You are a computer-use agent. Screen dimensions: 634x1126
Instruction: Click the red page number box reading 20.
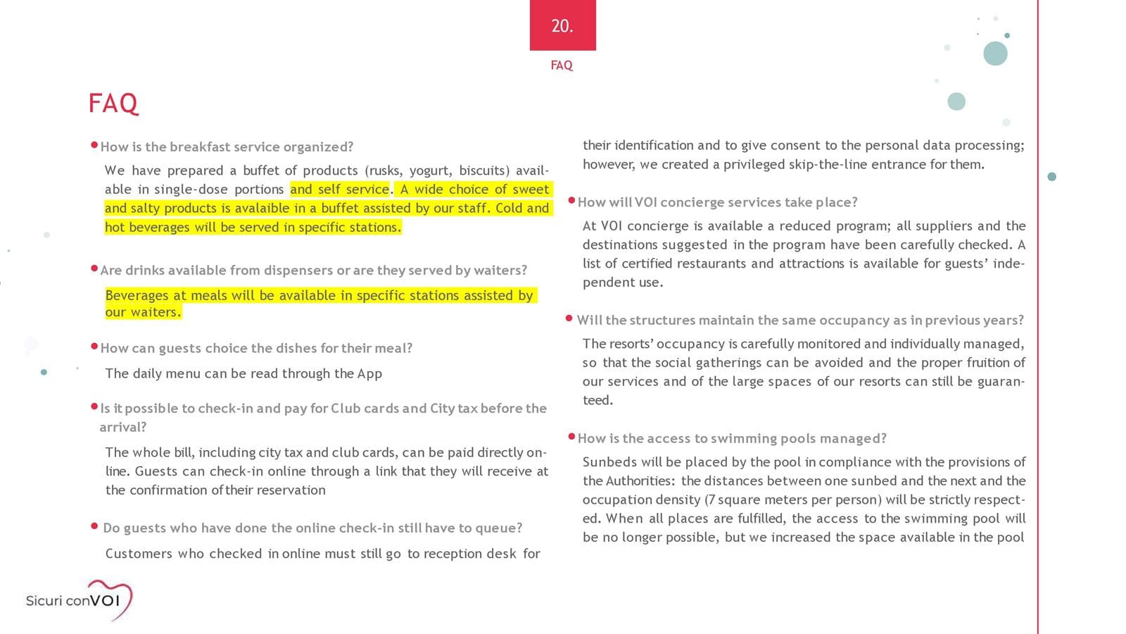point(562,25)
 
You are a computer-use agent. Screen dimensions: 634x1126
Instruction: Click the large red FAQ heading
point(113,104)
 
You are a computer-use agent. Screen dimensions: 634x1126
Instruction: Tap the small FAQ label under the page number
point(562,65)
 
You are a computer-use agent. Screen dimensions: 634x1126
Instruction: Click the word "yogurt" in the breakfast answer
point(429,170)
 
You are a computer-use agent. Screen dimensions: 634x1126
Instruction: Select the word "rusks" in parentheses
point(384,170)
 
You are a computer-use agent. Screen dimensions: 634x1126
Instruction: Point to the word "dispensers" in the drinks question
point(298,271)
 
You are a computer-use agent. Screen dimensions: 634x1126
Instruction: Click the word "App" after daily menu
point(369,373)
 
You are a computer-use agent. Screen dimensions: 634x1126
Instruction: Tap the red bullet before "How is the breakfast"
point(94,145)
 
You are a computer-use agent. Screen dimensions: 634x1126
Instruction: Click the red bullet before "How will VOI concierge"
point(571,201)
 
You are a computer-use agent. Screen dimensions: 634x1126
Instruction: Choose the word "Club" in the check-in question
point(346,409)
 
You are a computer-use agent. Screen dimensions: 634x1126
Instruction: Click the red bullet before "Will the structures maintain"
point(569,318)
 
